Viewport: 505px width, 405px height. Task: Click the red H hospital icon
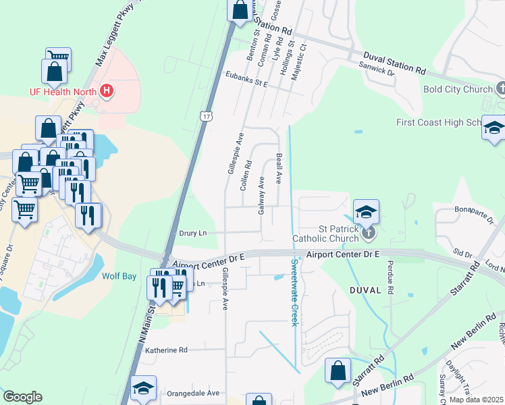[106, 91]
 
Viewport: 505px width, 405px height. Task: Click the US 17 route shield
[206, 116]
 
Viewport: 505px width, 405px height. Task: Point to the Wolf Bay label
[119, 276]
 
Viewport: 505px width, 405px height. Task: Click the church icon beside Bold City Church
[501, 88]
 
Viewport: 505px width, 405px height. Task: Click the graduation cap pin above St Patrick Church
[365, 213]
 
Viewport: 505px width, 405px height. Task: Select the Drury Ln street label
[192, 233]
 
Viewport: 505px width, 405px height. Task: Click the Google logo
[22, 397]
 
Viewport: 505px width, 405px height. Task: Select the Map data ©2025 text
[476, 400]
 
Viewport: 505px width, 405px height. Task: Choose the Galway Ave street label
[261, 195]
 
